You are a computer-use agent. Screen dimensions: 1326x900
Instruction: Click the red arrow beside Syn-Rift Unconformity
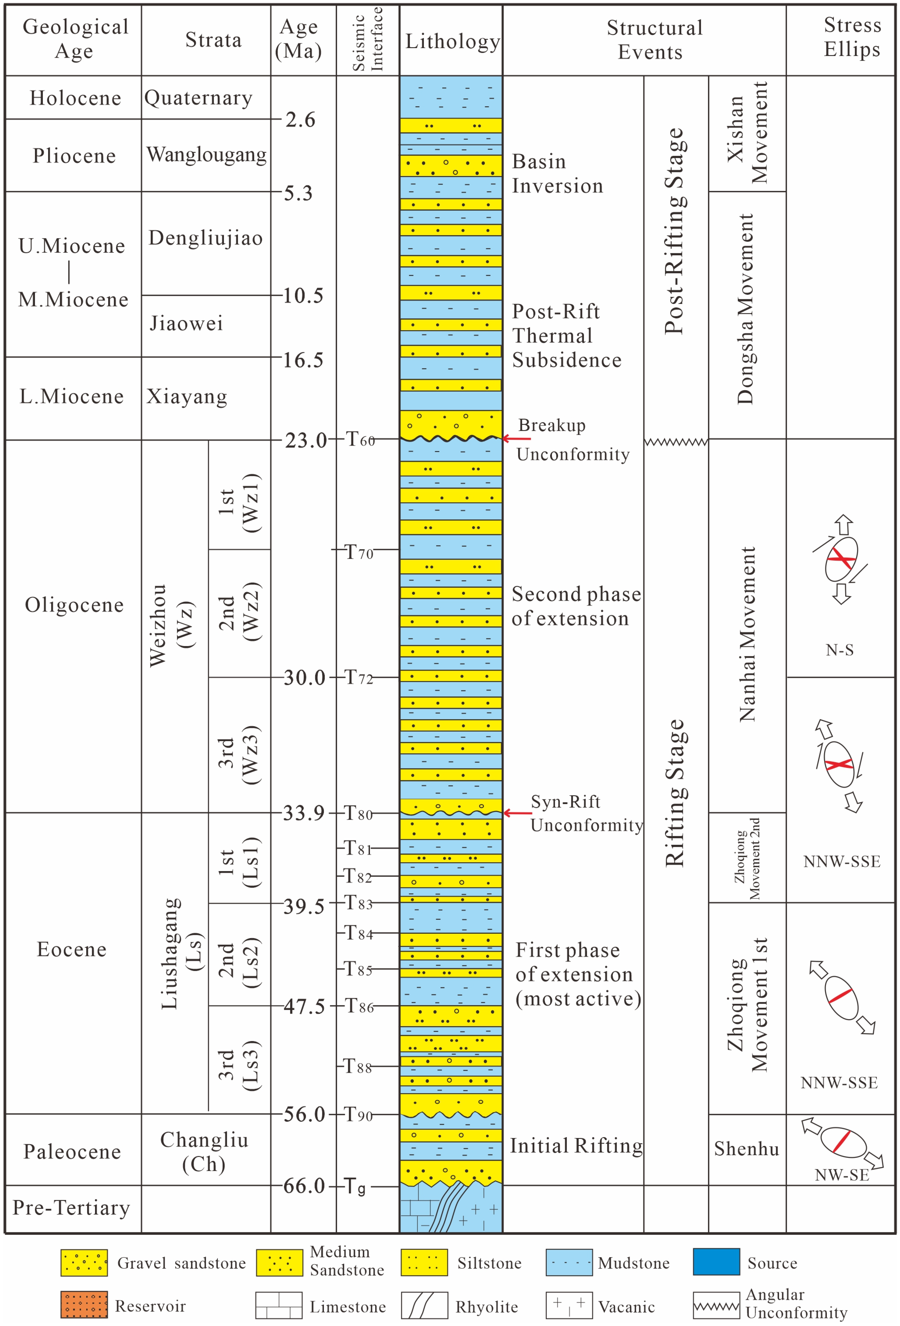(517, 813)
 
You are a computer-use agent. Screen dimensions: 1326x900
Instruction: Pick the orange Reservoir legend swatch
(84, 1306)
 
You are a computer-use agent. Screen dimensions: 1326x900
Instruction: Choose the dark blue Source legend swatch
(716, 1262)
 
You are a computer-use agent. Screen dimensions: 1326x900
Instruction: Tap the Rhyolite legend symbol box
(424, 1306)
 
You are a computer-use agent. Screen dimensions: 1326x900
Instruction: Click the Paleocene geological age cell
(73, 1151)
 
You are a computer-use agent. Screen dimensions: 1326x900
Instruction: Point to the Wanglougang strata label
(206, 155)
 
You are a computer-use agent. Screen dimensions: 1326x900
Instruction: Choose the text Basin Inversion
(557, 174)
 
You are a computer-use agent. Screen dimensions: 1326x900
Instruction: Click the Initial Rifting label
(576, 1146)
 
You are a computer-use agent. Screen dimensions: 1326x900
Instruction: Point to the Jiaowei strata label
(186, 323)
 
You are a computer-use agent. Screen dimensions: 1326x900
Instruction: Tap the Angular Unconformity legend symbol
(716, 1306)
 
